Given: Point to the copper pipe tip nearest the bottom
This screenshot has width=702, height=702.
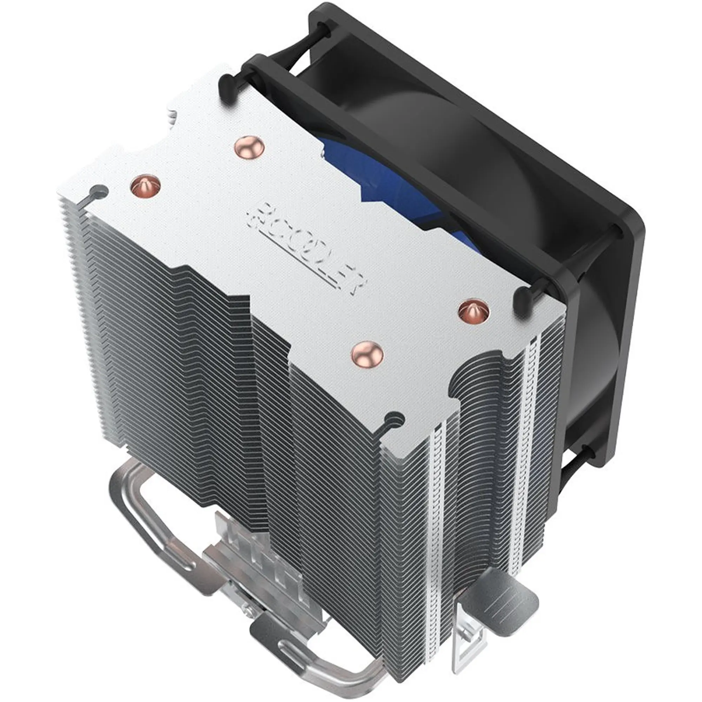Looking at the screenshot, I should click(x=367, y=353).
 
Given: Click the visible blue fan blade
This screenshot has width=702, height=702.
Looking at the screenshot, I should click(x=392, y=182).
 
